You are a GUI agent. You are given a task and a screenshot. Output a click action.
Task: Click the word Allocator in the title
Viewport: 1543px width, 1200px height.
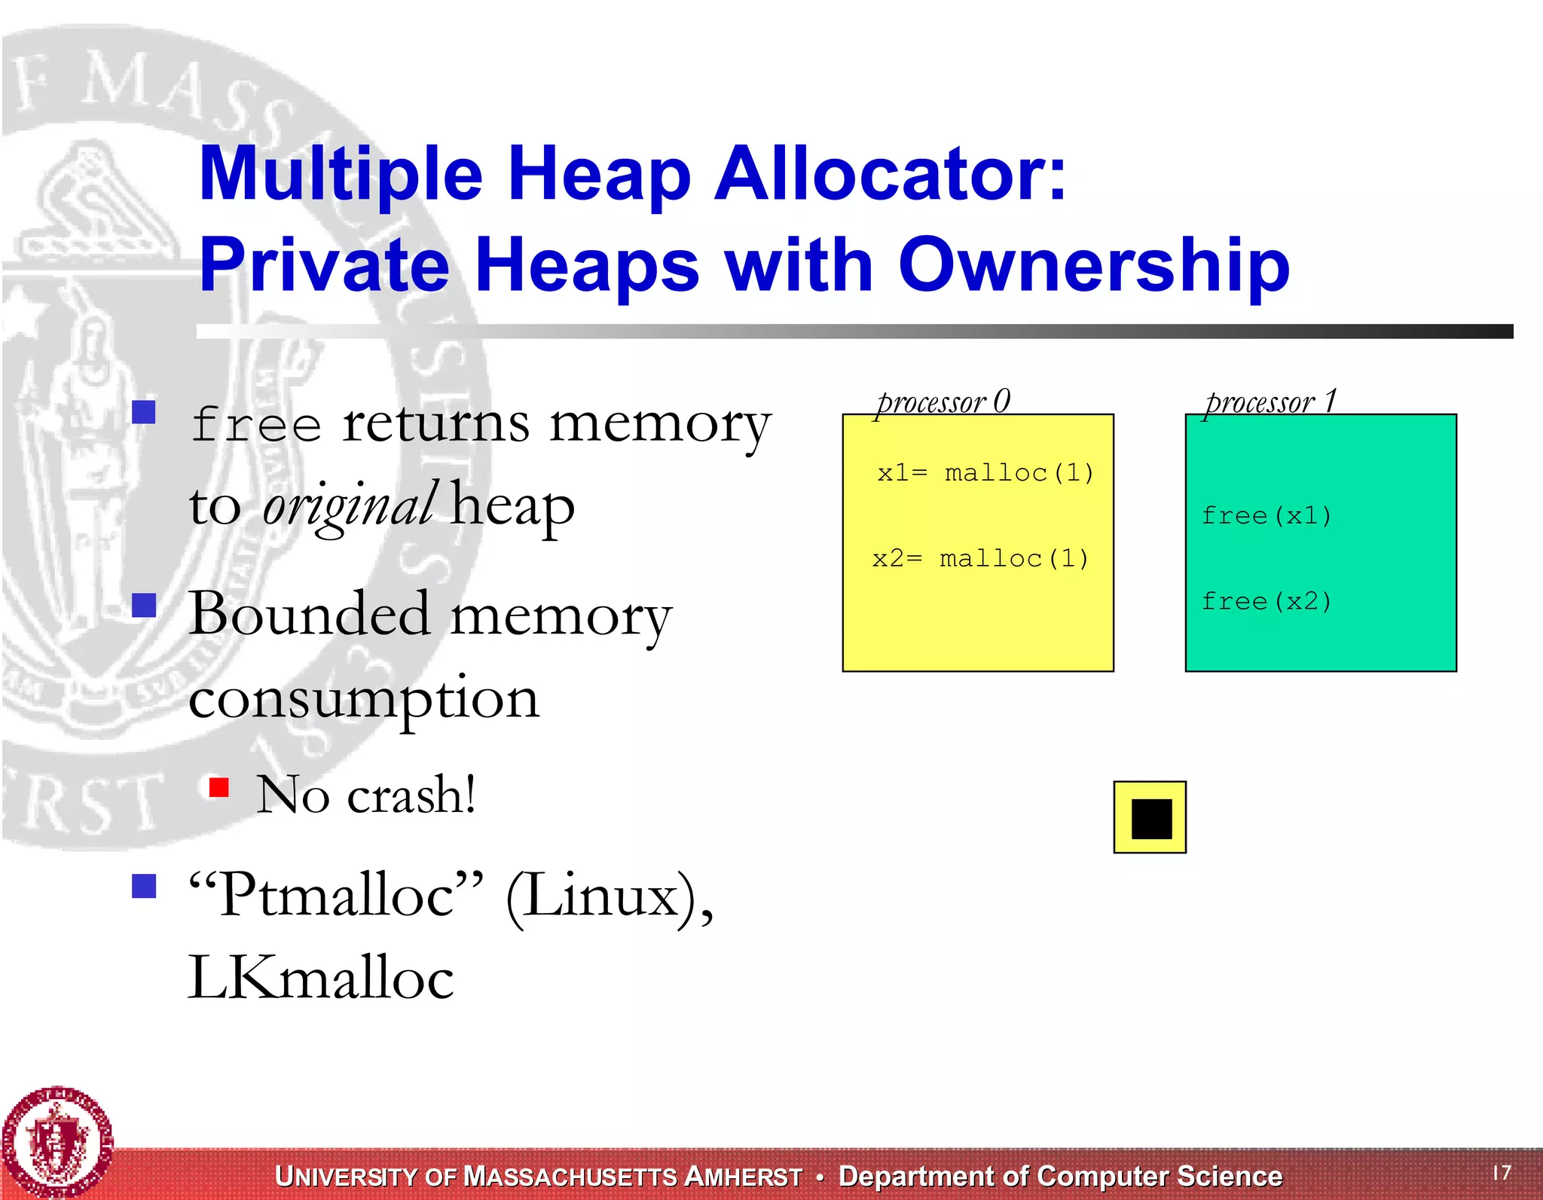point(891,174)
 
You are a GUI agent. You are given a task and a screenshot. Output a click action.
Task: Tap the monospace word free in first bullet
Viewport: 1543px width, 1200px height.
point(256,425)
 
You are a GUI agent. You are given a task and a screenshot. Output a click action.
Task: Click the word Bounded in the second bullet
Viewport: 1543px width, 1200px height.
point(310,615)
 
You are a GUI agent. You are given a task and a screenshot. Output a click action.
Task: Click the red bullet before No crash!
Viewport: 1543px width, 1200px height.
point(219,788)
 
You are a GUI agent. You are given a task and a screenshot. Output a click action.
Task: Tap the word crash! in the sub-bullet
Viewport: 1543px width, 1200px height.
point(411,795)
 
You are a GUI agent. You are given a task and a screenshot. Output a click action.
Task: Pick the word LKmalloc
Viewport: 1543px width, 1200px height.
point(321,978)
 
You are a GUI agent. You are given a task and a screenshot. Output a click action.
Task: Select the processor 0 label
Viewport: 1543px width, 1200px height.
point(943,402)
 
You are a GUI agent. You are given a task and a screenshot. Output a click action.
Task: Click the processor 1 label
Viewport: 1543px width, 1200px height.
point(1270,402)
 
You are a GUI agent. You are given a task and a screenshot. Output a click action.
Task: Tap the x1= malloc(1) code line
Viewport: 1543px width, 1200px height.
point(985,473)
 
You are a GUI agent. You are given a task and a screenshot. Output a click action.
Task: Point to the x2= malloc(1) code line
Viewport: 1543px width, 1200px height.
point(980,559)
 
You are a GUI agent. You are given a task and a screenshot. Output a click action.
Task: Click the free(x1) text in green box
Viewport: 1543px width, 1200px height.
point(1266,516)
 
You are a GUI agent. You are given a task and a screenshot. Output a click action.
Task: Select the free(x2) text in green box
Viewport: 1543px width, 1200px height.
point(1266,602)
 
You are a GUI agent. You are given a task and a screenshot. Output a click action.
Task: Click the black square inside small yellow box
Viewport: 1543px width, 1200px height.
point(1151,819)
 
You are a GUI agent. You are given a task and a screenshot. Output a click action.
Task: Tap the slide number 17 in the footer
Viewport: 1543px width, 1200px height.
point(1502,1173)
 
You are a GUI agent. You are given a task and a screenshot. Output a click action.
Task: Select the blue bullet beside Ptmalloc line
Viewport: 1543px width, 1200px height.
point(144,886)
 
